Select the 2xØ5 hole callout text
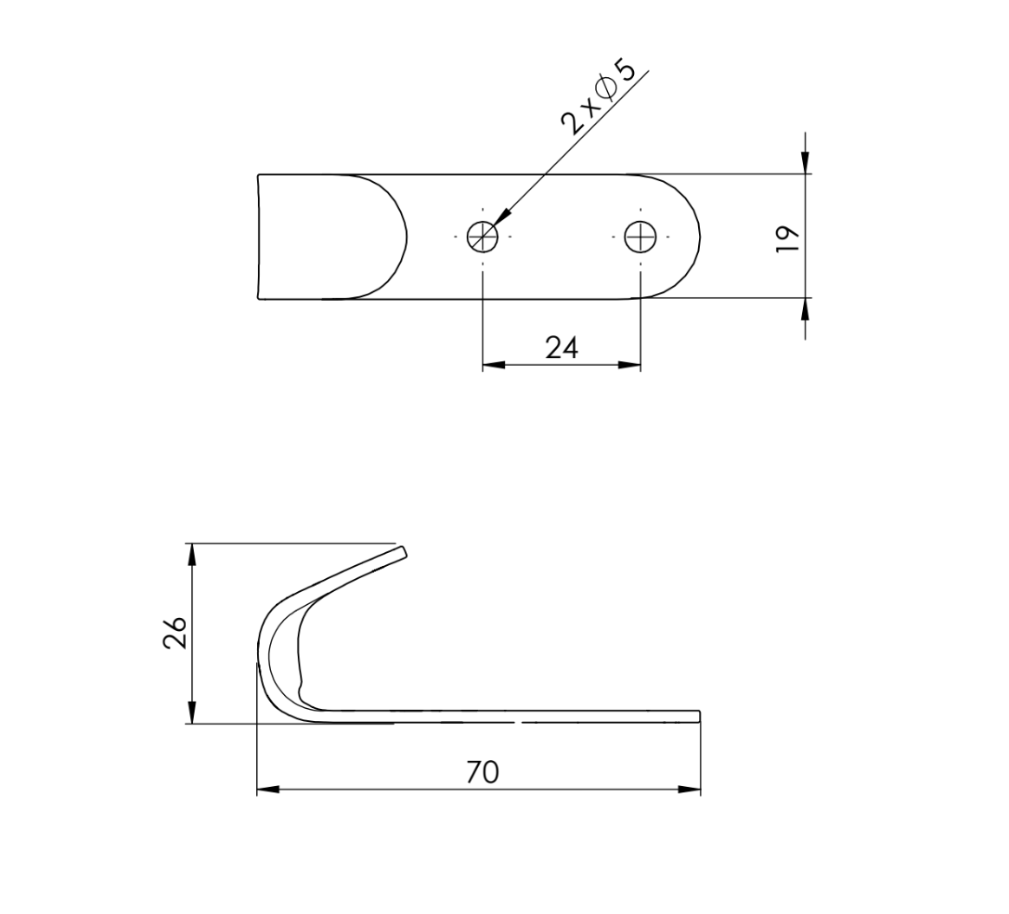pos(598,97)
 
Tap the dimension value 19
pos(788,237)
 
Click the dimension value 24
pos(562,348)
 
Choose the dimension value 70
pos(483,772)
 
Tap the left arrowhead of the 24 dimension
pos(494,366)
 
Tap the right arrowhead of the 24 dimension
pos(629,366)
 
